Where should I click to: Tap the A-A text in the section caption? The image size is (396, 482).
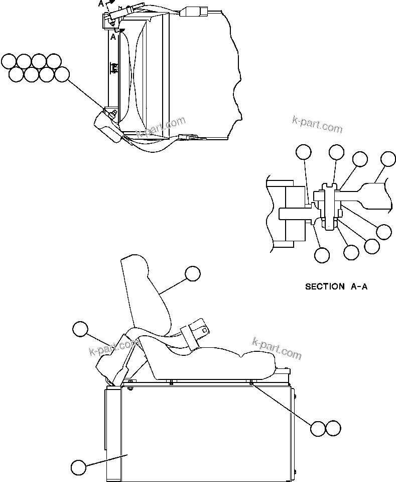(x=359, y=287)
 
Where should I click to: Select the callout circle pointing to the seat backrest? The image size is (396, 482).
(x=192, y=273)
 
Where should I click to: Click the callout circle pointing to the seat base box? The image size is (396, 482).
(x=78, y=467)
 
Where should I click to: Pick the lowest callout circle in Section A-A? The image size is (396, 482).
(x=322, y=255)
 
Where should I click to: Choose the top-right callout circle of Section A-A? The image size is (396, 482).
(x=388, y=159)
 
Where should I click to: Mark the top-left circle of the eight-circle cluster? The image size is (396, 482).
(x=9, y=61)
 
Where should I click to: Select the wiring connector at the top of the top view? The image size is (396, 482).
(x=193, y=12)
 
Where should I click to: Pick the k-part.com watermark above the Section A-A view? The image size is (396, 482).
(x=317, y=124)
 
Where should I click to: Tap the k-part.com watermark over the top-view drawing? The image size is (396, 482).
(x=161, y=128)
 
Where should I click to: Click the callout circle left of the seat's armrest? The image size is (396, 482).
(x=80, y=329)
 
